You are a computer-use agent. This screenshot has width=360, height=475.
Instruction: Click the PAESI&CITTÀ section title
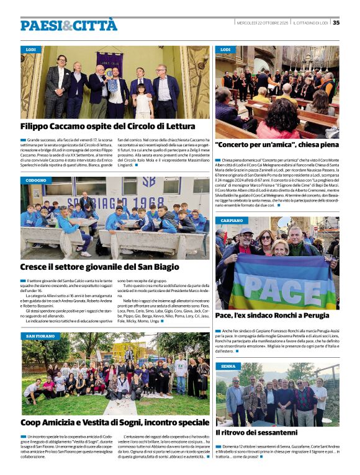click(68, 25)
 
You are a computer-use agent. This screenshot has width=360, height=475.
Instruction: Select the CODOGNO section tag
click(36, 180)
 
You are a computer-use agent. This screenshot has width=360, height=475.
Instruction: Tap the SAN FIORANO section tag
click(40, 336)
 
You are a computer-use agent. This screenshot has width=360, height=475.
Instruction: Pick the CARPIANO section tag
click(231, 220)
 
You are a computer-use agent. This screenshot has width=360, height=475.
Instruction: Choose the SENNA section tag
click(227, 366)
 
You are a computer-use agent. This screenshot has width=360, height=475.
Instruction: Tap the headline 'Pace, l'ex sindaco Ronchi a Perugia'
click(272, 316)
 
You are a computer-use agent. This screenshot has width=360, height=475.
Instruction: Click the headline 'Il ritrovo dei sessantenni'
click(256, 432)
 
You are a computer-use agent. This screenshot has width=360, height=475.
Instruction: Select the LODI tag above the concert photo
click(225, 49)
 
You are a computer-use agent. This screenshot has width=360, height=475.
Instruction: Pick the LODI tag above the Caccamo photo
click(30, 49)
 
